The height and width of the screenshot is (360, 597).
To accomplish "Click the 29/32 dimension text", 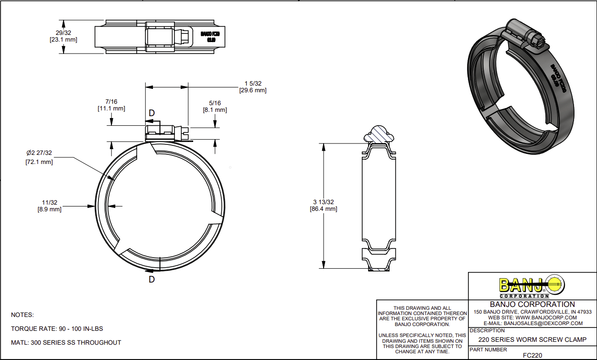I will (x=63, y=33).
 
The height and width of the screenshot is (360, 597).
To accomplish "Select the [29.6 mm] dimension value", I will (x=252, y=90).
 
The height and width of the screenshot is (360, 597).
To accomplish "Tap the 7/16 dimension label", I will (x=111, y=102).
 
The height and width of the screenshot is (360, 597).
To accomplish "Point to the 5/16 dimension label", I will (x=215, y=103).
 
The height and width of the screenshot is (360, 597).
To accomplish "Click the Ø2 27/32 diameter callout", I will (x=39, y=153).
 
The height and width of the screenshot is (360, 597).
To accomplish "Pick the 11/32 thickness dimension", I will (x=49, y=203).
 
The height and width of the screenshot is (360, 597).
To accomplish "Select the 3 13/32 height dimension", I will (x=324, y=202).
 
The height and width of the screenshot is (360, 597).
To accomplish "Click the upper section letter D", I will (x=152, y=113).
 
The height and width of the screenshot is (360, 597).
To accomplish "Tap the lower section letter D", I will (x=152, y=280).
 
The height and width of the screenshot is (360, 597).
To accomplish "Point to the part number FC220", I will (x=532, y=355).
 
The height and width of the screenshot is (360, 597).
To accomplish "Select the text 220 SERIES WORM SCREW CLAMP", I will (x=532, y=339).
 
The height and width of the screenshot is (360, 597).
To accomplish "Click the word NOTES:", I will (x=22, y=315).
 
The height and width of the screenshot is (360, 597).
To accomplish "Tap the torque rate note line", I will (x=57, y=329).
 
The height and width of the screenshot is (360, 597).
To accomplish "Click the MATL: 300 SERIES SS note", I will (x=66, y=342).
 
